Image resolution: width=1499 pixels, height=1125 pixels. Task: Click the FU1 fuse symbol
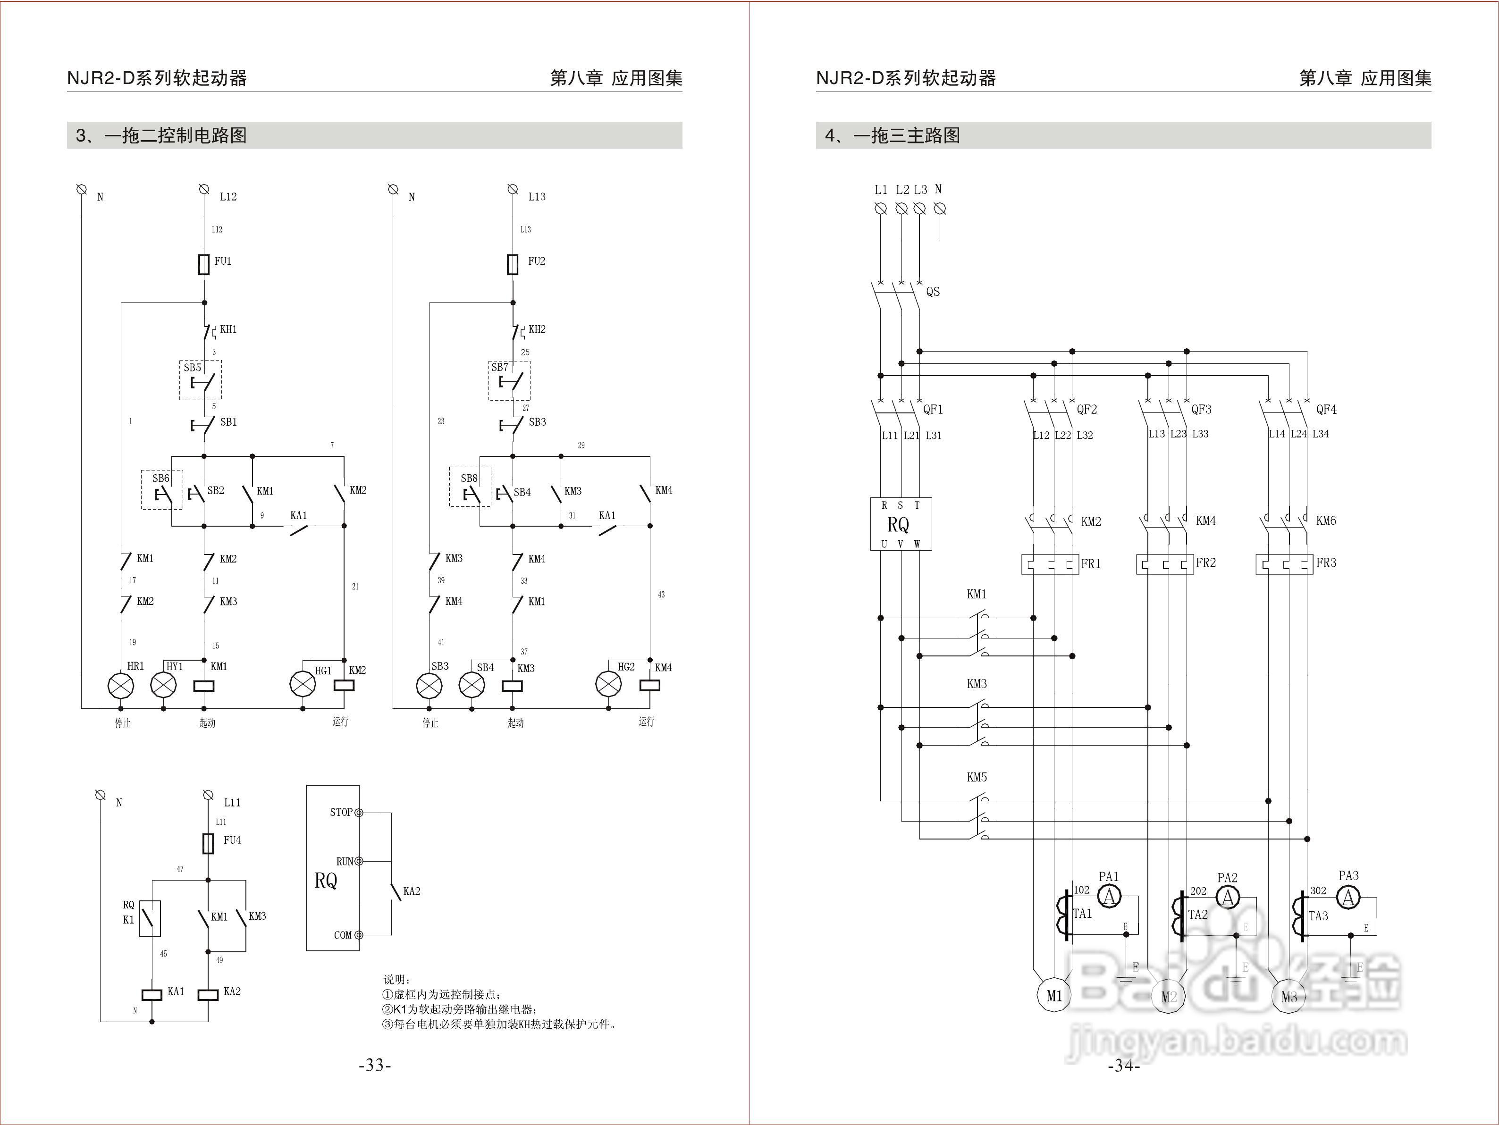coord(204,264)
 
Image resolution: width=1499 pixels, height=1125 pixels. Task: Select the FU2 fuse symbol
coord(513,264)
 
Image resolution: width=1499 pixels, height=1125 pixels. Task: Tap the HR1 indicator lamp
coord(121,686)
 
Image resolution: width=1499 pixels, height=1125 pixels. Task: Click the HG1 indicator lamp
coord(302,684)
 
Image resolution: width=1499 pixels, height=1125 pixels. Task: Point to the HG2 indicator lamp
coord(608,684)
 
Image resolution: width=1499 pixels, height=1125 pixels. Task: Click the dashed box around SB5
coord(201,380)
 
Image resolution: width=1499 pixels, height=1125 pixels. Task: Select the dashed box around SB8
coord(470,487)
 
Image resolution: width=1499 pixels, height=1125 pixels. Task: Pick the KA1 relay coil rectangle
coord(152,995)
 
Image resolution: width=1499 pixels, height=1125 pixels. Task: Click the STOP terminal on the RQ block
coord(359,813)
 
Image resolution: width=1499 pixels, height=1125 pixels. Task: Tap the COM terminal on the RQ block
coord(359,935)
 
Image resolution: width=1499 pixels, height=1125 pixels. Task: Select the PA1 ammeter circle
coord(1109,897)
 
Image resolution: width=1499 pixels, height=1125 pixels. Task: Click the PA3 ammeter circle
coord(1348,897)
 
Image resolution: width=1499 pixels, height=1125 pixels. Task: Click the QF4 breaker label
coord(1326,409)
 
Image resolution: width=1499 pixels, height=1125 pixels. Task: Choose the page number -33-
coord(375,1066)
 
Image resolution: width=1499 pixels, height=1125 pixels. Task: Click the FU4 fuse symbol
coord(209,844)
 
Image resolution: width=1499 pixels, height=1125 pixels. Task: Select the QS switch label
coord(933,292)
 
